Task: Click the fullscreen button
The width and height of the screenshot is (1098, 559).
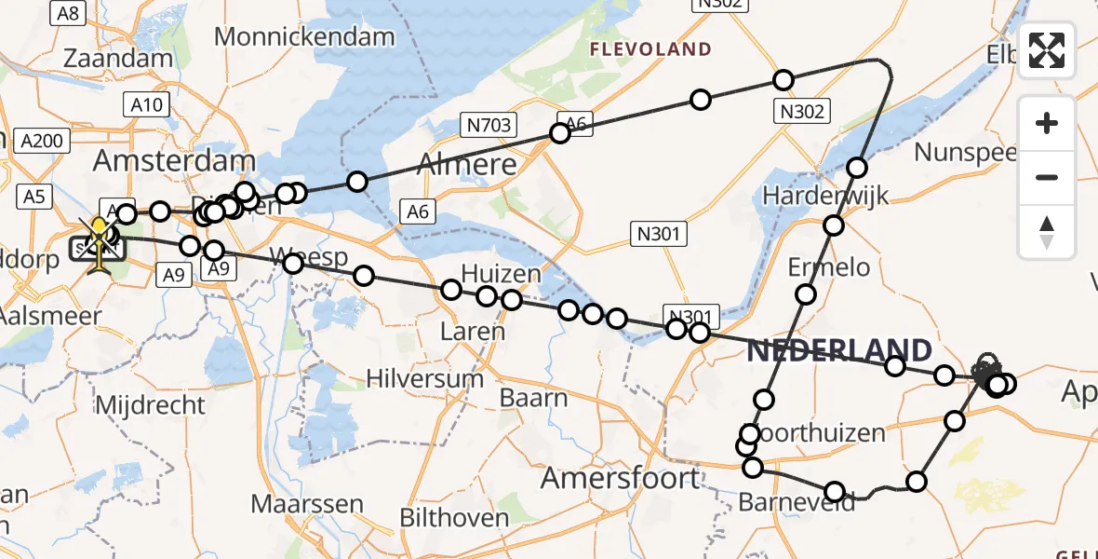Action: pyautogui.click(x=1047, y=51)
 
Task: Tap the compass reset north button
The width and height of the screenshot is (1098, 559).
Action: pyautogui.click(x=1047, y=232)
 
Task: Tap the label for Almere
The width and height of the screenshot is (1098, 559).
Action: pyautogui.click(x=467, y=165)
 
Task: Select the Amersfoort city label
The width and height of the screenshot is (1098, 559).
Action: pyautogui.click(x=620, y=479)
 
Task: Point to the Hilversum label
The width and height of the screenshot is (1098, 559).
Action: pyautogui.click(x=425, y=378)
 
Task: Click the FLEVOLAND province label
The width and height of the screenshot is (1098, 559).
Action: pyautogui.click(x=650, y=49)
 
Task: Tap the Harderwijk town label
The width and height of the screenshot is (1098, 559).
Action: pyautogui.click(x=825, y=196)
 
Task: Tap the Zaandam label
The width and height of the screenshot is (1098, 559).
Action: pyautogui.click(x=118, y=58)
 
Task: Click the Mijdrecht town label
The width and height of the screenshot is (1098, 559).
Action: pyautogui.click(x=151, y=405)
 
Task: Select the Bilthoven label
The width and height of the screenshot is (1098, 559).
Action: pyautogui.click(x=455, y=518)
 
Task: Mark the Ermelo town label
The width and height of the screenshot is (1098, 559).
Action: pyautogui.click(x=829, y=267)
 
